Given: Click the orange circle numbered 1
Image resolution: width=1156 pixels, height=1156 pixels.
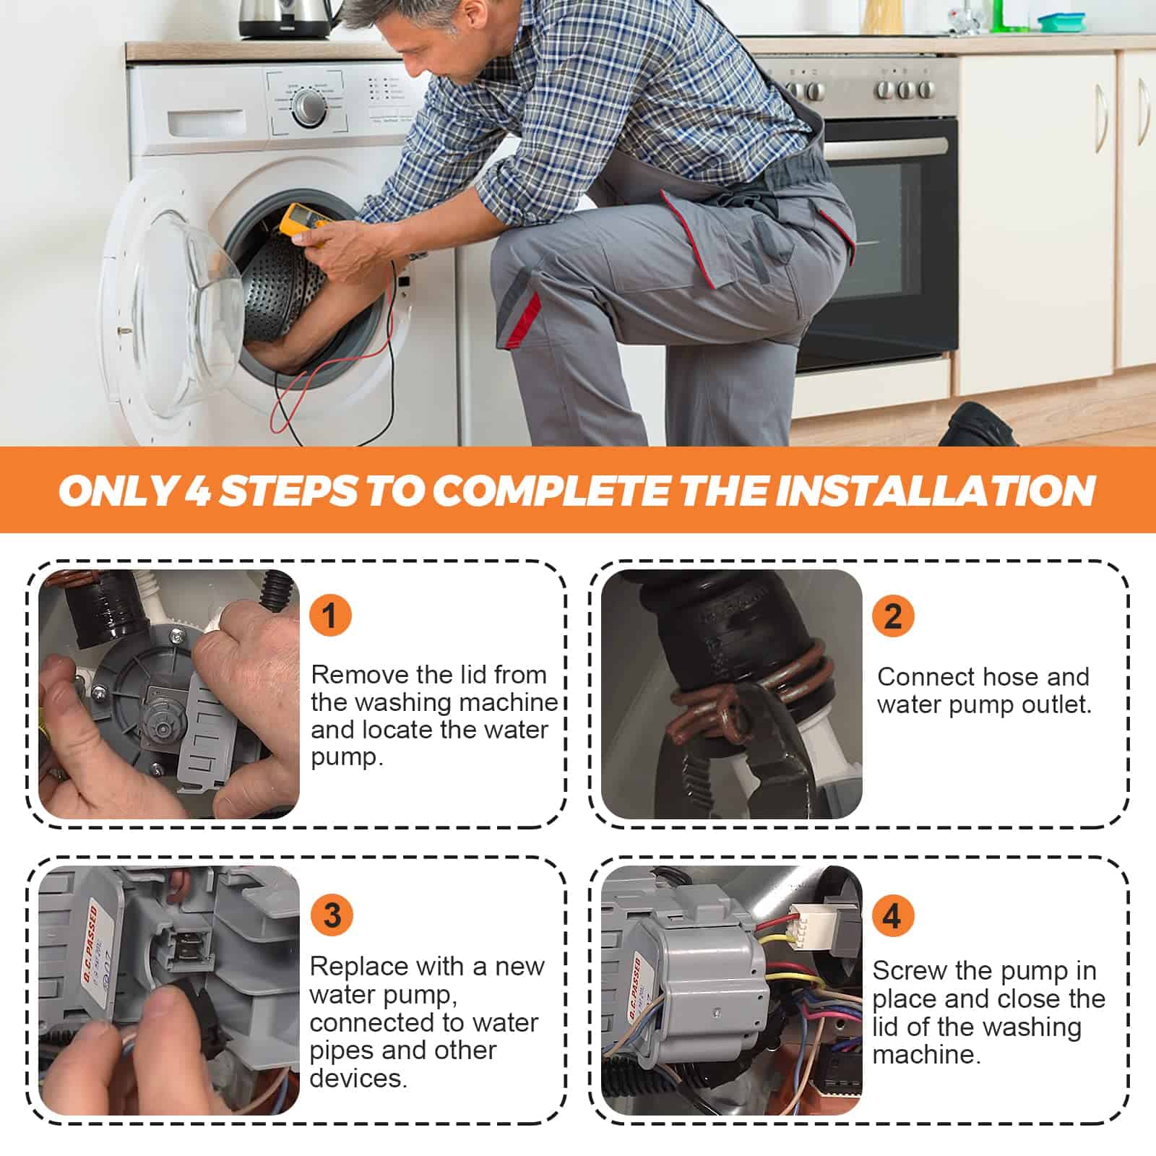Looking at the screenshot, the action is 330,616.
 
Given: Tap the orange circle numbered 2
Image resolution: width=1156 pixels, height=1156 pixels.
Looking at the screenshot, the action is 893,616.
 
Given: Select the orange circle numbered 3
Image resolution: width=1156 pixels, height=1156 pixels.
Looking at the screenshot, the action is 332,915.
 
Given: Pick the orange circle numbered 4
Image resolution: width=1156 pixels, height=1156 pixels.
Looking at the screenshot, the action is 893,915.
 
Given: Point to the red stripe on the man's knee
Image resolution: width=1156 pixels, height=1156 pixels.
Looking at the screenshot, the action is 522,318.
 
